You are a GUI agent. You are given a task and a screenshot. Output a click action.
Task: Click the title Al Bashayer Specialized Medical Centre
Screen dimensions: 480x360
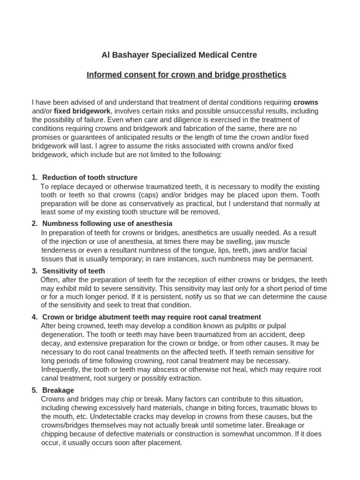[180, 55]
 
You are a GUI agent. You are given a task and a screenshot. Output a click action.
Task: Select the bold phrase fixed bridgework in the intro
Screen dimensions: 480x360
[82, 111]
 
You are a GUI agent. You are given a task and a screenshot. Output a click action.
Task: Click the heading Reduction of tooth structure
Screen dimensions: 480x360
[90, 178]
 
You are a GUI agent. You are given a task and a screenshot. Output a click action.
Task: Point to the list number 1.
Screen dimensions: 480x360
[34, 178]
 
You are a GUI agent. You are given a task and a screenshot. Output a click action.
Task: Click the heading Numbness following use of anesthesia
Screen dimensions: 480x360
[107, 224]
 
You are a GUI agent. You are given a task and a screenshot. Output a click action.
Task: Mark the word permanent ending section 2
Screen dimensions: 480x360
[295, 259]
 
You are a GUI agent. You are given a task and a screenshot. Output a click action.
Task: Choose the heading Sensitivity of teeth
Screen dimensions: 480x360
[74, 271]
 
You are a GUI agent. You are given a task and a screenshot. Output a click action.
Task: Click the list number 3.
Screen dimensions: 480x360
[34, 271]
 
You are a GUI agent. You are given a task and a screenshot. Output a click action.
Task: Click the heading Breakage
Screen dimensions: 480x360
[58, 390]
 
